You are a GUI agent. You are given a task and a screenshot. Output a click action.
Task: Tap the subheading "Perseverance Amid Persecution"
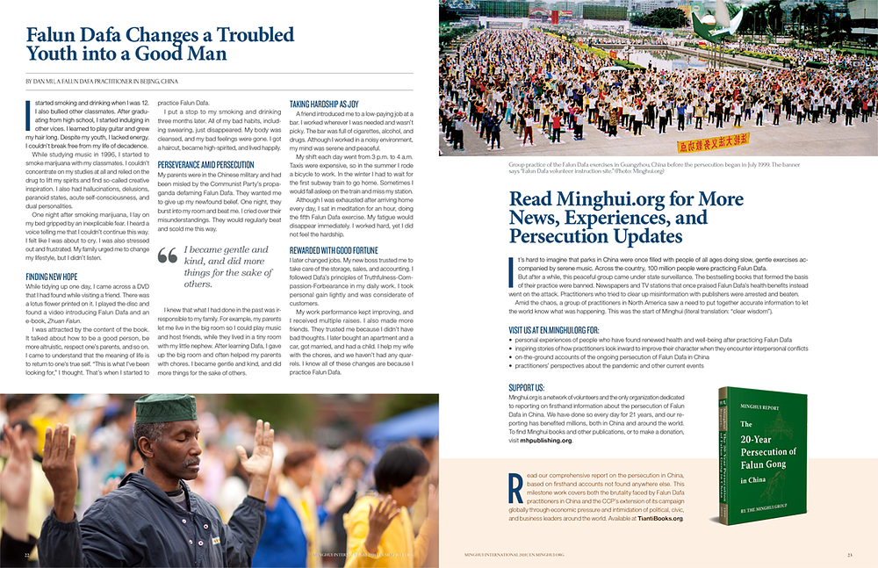pos(205,164)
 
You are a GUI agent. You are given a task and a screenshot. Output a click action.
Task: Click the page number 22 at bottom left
pos(28,555)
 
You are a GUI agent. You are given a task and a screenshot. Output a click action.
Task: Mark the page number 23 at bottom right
pos(849,555)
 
